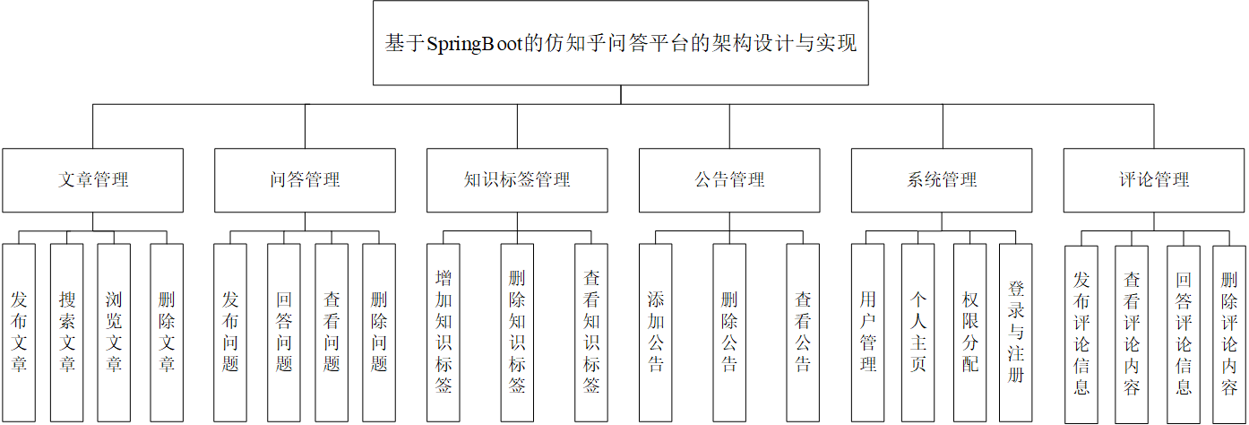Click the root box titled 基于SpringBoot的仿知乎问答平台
[620, 43]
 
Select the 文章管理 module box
[92, 180]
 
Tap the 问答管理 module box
[305, 180]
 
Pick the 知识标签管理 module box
[517, 180]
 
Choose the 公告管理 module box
[729, 180]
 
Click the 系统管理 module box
[942, 180]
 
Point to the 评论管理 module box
[1154, 180]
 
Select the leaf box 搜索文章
[67, 332]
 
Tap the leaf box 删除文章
[167, 332]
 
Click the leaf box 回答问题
[284, 332]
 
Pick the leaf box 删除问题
[379, 332]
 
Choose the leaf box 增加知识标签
[444, 332]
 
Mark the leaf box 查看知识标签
[591, 332]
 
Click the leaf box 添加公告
[656, 332]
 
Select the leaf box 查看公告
[803, 332]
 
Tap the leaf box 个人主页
[918, 332]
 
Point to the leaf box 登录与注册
[1016, 332]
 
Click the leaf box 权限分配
[969, 332]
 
